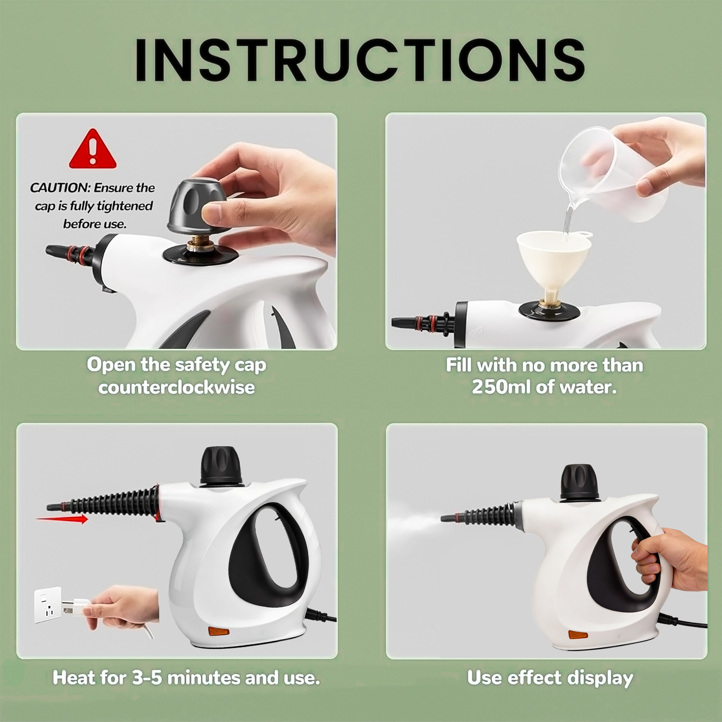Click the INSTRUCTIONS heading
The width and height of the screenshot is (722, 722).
coord(360,60)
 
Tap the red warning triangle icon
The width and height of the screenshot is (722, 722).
coord(93,149)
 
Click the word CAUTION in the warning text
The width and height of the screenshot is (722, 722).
coord(60,188)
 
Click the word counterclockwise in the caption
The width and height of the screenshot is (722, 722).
coord(176,387)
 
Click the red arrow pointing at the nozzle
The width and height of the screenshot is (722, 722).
coord(62,519)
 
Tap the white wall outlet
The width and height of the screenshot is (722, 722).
coord(48,605)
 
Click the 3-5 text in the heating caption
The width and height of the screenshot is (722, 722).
coord(147,678)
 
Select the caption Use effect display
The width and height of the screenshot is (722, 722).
coord(550,678)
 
